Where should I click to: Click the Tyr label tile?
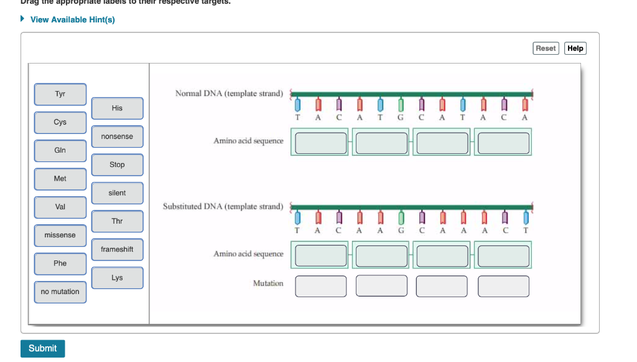[60, 94]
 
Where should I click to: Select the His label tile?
[117, 108]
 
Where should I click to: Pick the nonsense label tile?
[117, 136]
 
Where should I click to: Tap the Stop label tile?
[117, 165]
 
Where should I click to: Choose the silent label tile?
[117, 193]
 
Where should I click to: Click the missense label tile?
[60, 236]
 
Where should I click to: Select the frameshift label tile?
[117, 250]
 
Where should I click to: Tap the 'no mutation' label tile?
[60, 292]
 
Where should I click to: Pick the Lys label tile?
[117, 278]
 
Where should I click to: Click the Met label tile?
[60, 179]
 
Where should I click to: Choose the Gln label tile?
[60, 151]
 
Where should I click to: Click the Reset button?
[546, 49]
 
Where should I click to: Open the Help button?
[575, 49]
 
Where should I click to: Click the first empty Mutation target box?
[321, 287]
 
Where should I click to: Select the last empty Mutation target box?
[503, 287]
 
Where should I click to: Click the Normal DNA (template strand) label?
[229, 93]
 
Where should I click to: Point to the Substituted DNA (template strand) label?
[223, 206]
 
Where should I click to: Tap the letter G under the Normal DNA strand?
[401, 117]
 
